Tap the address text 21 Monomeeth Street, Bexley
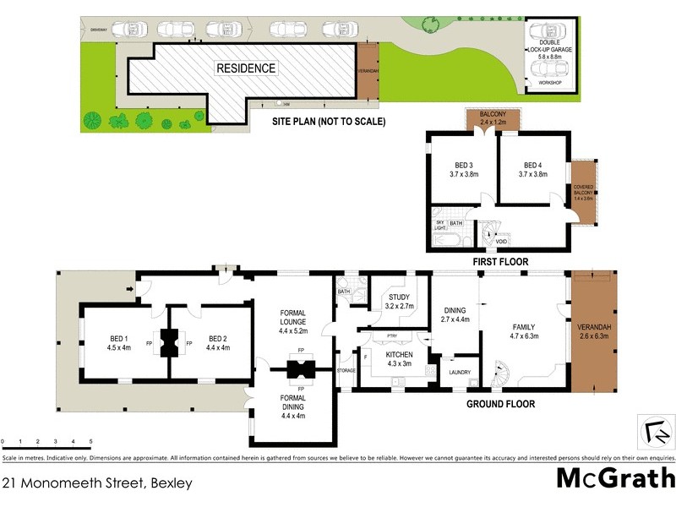[97, 484]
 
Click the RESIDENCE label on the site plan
[245, 68]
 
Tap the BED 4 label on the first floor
[532, 170]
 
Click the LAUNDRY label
[460, 371]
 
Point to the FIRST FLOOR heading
[500, 262]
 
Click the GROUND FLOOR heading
[501, 404]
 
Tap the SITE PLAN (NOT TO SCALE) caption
[329, 122]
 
